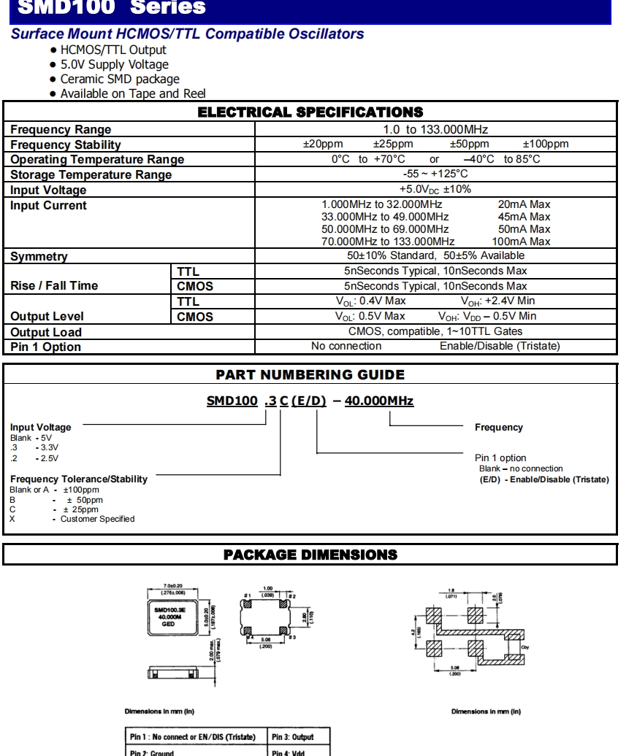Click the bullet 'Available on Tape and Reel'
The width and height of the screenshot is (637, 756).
(133, 93)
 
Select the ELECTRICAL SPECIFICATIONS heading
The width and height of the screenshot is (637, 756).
(310, 112)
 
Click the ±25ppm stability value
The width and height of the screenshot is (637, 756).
(393, 144)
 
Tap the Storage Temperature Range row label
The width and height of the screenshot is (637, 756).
(91, 175)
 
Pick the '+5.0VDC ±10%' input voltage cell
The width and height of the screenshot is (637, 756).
(435, 190)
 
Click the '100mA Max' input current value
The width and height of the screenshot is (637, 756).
(522, 242)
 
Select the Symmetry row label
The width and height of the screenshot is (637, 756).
(39, 257)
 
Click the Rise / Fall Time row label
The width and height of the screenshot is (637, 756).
(54, 286)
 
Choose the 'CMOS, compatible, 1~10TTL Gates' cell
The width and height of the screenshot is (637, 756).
(435, 331)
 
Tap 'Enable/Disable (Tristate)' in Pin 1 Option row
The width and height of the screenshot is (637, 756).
(500, 347)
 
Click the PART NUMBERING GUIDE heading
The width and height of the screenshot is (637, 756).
(310, 375)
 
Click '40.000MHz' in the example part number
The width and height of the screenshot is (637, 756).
(379, 401)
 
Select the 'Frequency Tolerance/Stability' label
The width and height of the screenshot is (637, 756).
(79, 479)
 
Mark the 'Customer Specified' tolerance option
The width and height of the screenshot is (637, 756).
(97, 519)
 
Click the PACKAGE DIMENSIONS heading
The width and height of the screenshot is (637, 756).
(310, 555)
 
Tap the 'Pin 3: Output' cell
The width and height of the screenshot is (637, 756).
(292, 737)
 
